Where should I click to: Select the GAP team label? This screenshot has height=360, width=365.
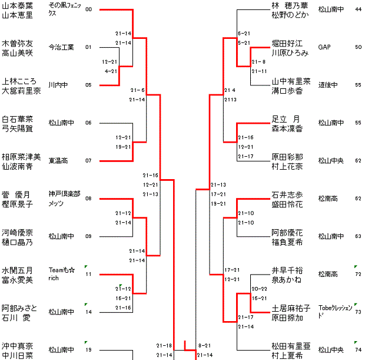click(x=324, y=47)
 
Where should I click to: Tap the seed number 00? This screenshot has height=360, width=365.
click(x=88, y=9)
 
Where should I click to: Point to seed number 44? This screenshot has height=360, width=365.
click(x=359, y=9)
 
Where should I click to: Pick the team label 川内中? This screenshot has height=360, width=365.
click(x=58, y=85)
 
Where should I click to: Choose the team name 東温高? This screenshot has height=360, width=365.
click(x=58, y=160)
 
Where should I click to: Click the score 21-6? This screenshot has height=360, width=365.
click(x=138, y=90)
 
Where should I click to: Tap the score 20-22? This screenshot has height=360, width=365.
click(x=259, y=289)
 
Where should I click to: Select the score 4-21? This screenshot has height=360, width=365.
click(x=110, y=71)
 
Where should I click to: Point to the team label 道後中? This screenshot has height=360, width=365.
click(x=327, y=85)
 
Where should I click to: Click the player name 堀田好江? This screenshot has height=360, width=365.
click(x=287, y=43)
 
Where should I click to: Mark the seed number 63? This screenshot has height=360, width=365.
click(x=359, y=236)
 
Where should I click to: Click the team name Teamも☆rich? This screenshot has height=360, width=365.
click(x=61, y=273)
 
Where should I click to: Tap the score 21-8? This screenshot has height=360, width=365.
click(x=259, y=62)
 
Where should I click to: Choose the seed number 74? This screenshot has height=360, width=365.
click(x=359, y=349)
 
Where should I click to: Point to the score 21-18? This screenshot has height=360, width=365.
click(x=164, y=345)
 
